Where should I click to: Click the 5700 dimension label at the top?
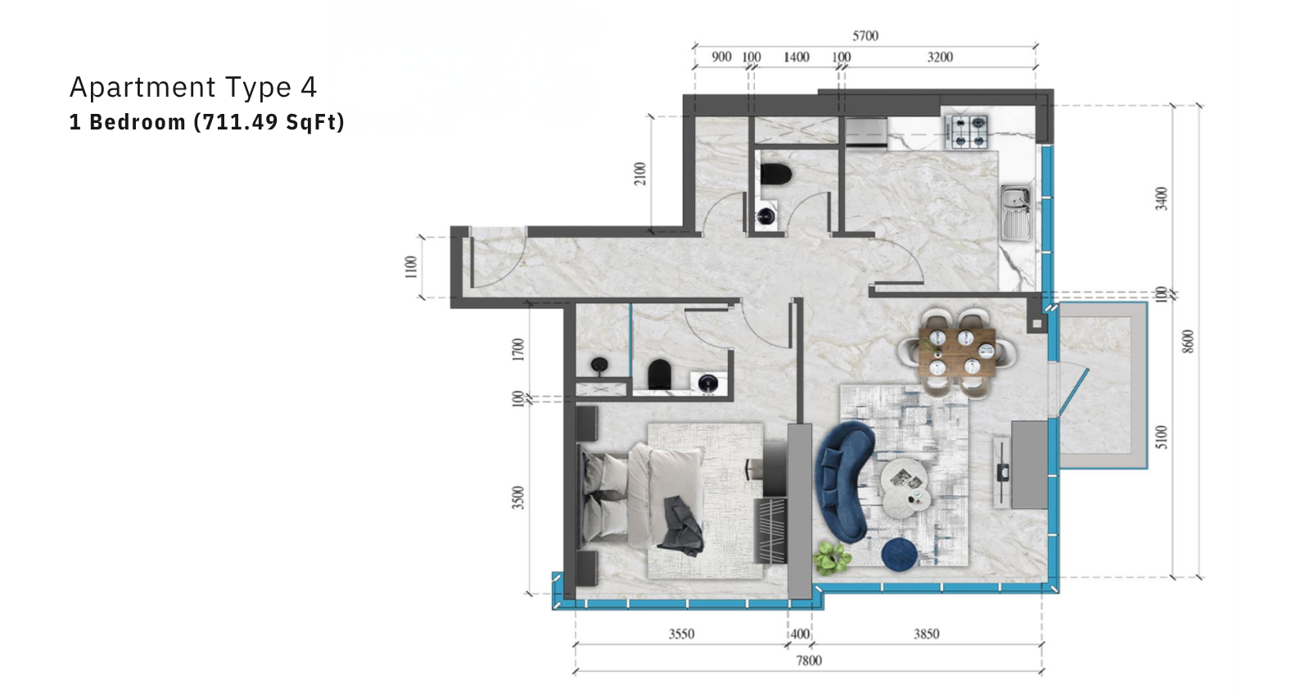tap(865, 36)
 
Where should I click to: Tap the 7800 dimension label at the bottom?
tap(809, 660)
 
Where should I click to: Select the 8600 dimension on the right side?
tap(1188, 342)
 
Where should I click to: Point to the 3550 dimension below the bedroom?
tap(681, 633)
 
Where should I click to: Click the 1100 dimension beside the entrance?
tap(411, 267)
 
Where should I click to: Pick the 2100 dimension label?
tap(640, 174)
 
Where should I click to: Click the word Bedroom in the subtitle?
tap(138, 122)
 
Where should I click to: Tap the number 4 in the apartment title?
tap(309, 87)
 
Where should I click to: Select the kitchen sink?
tap(1017, 213)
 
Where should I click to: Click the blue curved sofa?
tap(844, 481)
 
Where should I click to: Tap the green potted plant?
tap(832, 557)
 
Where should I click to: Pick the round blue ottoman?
tap(899, 554)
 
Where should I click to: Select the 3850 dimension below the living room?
tap(926, 633)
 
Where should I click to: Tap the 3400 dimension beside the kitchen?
tap(1162, 198)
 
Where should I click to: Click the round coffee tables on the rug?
tap(905, 488)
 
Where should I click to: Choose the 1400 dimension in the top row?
tap(797, 57)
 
